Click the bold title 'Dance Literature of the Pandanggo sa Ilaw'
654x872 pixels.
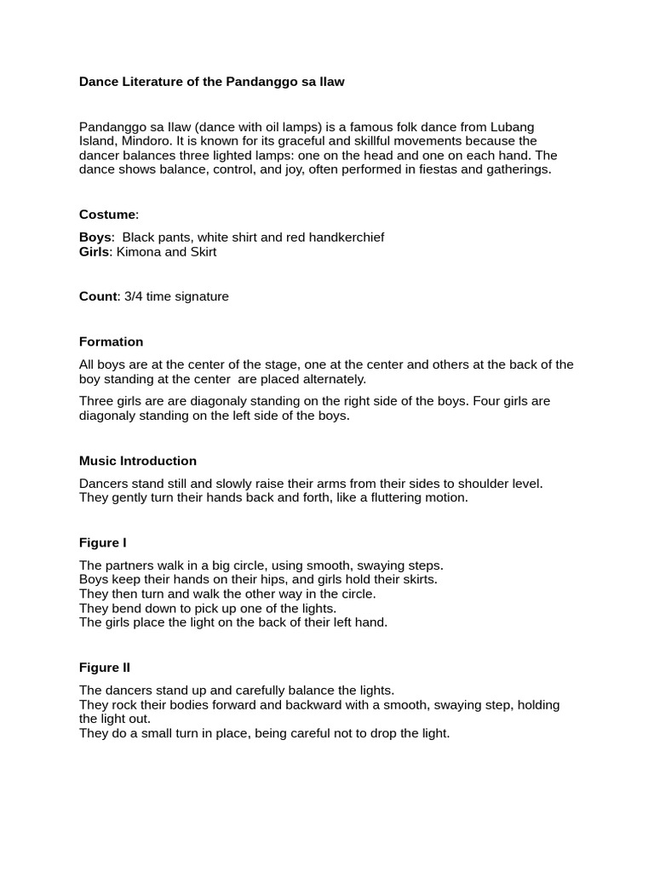[212, 82]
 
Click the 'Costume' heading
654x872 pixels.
[107, 215]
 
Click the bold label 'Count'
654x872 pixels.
[97, 296]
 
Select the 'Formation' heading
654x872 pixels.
[111, 341]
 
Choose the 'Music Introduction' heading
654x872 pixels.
[138, 461]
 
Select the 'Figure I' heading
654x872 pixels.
[103, 542]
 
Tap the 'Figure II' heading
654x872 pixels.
[105, 668]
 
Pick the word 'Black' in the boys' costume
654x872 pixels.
[141, 237]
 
